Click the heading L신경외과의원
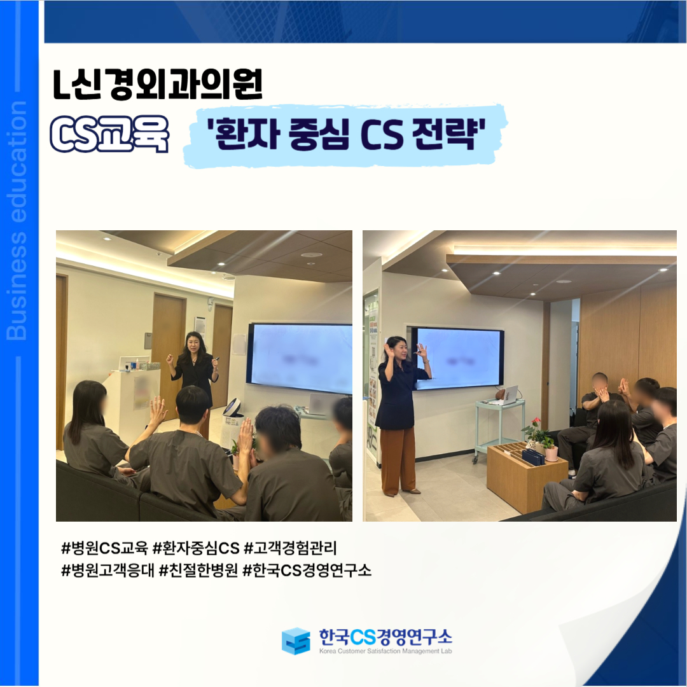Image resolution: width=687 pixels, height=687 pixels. point(158,84)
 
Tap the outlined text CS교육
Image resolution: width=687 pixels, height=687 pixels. point(109,134)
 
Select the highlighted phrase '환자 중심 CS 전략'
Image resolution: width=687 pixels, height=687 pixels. point(346,134)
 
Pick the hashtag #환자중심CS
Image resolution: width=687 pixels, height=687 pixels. point(196,548)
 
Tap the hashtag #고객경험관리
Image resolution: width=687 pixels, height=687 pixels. point(290,548)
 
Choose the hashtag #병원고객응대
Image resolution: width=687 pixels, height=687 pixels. point(108,570)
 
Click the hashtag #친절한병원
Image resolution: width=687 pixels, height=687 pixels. point(198,570)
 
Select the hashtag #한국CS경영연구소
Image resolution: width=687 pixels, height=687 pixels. point(307,570)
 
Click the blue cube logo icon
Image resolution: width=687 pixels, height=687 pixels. point(296,641)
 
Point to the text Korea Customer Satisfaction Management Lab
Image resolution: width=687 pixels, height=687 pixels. point(385,651)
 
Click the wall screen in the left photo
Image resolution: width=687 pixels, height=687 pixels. point(300,358)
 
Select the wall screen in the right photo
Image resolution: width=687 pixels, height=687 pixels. point(458,358)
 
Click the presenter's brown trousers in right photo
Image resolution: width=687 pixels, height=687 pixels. point(398,461)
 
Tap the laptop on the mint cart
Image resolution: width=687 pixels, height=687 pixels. point(510,395)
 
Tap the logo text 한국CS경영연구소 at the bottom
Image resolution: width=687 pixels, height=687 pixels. point(385,637)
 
